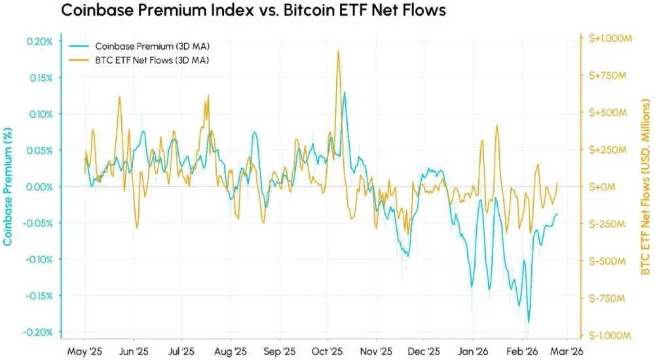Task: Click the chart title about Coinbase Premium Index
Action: pos(253,12)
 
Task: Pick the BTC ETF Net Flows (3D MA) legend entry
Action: pos(152,60)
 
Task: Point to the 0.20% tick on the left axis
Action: pos(40,41)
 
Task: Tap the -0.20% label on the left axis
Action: pos(39,332)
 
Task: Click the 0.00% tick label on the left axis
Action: pos(40,187)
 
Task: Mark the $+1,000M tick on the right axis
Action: pos(607,39)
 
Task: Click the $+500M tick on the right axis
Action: pos(603,113)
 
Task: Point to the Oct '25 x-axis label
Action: pos(324,350)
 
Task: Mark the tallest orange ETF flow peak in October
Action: pos(338,50)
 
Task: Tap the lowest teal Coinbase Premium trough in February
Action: pos(528,322)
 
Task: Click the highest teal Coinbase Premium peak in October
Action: pos(345,92)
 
